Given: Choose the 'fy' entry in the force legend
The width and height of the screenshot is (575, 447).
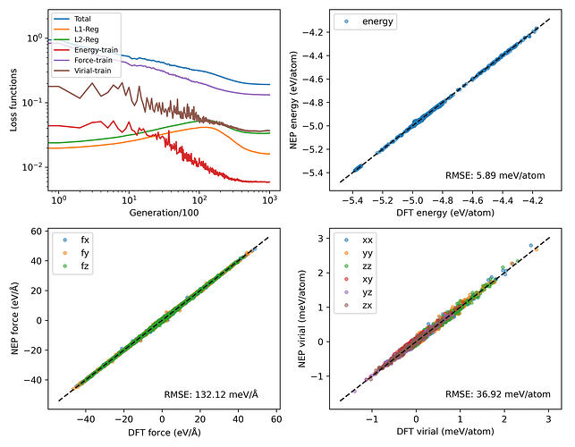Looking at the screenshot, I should tap(84, 253).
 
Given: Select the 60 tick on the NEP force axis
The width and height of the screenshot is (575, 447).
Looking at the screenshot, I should tap(38, 232).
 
